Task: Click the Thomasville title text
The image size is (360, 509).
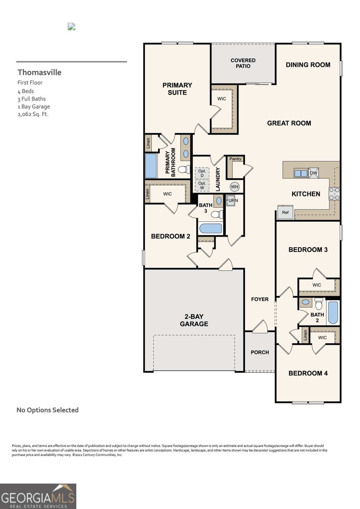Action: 39,73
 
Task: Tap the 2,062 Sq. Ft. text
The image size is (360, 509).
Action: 33,114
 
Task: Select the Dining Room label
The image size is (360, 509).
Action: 308,65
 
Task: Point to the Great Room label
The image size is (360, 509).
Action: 289,123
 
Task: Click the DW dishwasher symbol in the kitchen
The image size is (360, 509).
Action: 313,173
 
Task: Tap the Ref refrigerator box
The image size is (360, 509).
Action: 285,213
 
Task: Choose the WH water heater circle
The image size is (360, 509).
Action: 235,187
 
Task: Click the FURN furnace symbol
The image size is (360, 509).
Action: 232,200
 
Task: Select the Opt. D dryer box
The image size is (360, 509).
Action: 202,173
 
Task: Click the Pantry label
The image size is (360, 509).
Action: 235,159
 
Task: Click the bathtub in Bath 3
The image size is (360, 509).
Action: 211,228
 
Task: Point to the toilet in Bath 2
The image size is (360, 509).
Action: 319,304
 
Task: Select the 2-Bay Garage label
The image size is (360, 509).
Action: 194,320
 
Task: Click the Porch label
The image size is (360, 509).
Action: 260,352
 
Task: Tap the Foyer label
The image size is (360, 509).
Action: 260,299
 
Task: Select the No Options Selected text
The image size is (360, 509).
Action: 48,410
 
